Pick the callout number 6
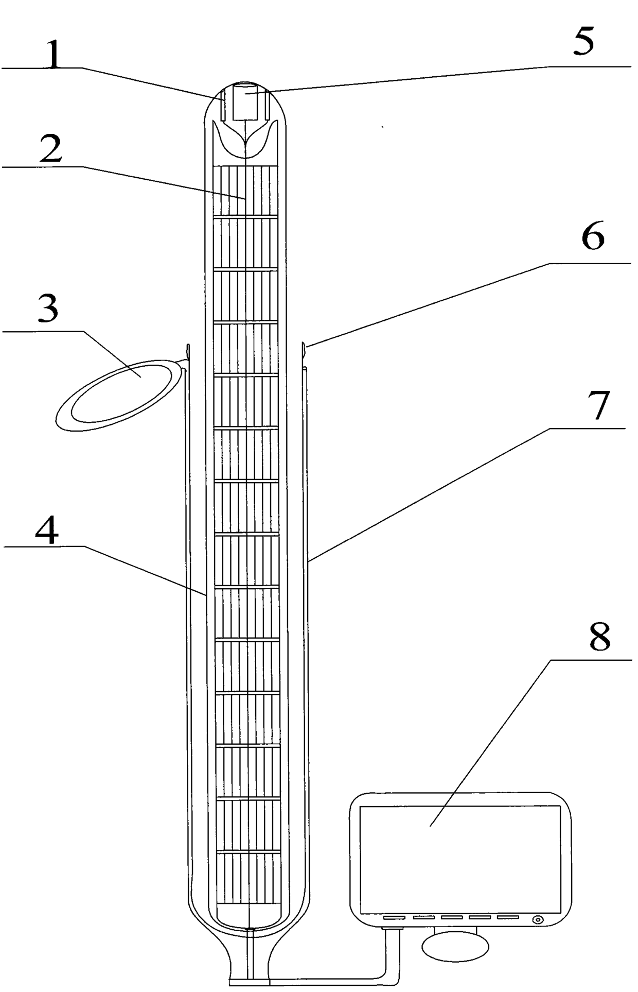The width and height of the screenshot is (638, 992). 593,238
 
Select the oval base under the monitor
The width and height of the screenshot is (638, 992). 455,944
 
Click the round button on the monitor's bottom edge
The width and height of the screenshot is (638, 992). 538,919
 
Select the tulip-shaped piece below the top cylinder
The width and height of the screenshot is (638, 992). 246,139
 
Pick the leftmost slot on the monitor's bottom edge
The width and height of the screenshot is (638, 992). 394,918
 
